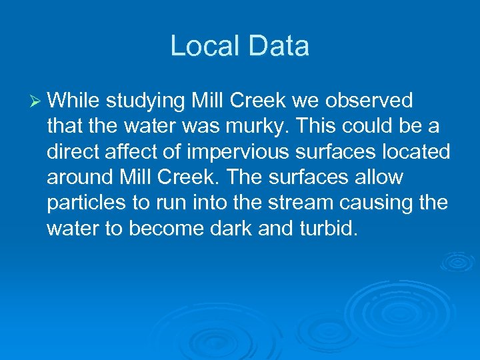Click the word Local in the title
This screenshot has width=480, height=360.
click(x=201, y=46)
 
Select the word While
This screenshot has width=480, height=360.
click(x=73, y=101)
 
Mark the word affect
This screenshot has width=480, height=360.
click(x=135, y=151)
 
